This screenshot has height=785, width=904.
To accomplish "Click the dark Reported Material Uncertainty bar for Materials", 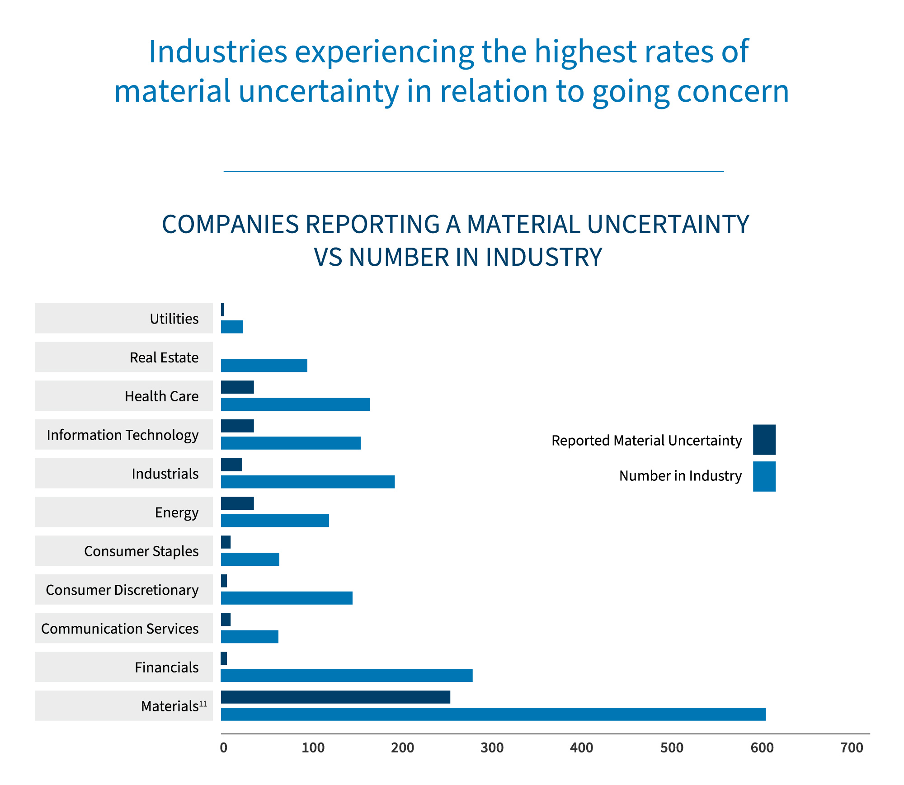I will click(335, 697).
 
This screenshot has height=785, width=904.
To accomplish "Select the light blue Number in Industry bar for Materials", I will click(493, 714).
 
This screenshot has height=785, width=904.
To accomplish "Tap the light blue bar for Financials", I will click(346, 675).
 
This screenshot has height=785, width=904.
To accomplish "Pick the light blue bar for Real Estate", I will click(264, 365).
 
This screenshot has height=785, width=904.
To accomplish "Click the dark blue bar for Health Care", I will click(237, 387).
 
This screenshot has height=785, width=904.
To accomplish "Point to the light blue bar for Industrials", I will click(307, 482).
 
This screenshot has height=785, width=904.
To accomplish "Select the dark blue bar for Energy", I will click(237, 503).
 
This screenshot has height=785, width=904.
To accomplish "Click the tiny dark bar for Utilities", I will click(222, 310).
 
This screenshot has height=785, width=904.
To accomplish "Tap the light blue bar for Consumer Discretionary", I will click(287, 598).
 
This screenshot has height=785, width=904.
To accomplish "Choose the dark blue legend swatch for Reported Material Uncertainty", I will click(764, 439).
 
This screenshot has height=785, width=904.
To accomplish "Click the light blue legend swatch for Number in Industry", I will click(764, 476).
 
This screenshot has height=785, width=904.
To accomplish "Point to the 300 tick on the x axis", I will click(492, 748).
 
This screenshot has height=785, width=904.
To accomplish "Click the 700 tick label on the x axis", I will click(852, 748).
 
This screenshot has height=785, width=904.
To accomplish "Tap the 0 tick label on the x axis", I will click(223, 748).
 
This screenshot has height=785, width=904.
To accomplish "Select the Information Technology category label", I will click(122, 435).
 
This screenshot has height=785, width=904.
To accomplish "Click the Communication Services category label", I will click(120, 629).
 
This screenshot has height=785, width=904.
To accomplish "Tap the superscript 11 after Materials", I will click(203, 704).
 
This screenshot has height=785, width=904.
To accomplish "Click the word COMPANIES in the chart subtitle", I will click(231, 224).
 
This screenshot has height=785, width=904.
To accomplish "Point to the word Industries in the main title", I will click(218, 51).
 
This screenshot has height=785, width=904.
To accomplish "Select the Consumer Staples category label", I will click(141, 551).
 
